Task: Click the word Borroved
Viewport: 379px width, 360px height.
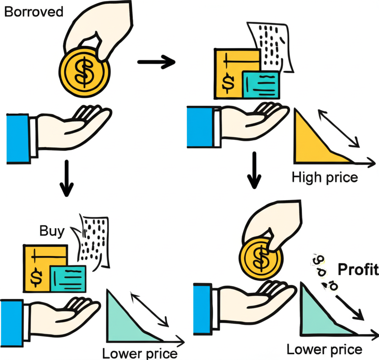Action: tap(34, 11)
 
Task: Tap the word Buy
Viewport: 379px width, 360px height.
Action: tap(52, 231)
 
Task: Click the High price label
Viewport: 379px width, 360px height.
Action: tap(325, 177)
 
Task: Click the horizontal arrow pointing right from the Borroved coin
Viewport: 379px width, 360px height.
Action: tap(156, 62)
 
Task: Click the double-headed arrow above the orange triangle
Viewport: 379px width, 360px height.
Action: tap(339, 128)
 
